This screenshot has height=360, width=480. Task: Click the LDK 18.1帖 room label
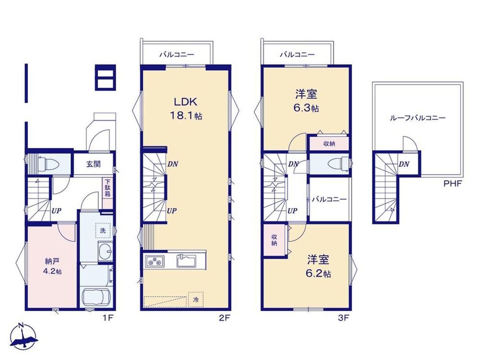185,108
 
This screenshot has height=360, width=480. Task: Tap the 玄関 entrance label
93,164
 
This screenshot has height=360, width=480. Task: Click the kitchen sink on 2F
187,261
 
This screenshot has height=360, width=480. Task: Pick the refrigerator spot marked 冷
196,300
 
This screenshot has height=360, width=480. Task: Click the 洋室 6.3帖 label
306,101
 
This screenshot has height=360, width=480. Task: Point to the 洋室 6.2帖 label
319,266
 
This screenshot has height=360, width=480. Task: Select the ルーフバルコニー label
417,118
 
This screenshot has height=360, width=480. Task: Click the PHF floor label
453,184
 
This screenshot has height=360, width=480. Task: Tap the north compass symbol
24,336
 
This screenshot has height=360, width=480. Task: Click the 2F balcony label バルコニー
176,55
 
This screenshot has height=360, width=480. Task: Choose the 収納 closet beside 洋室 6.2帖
274,240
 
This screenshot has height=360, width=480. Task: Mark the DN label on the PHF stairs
404,164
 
